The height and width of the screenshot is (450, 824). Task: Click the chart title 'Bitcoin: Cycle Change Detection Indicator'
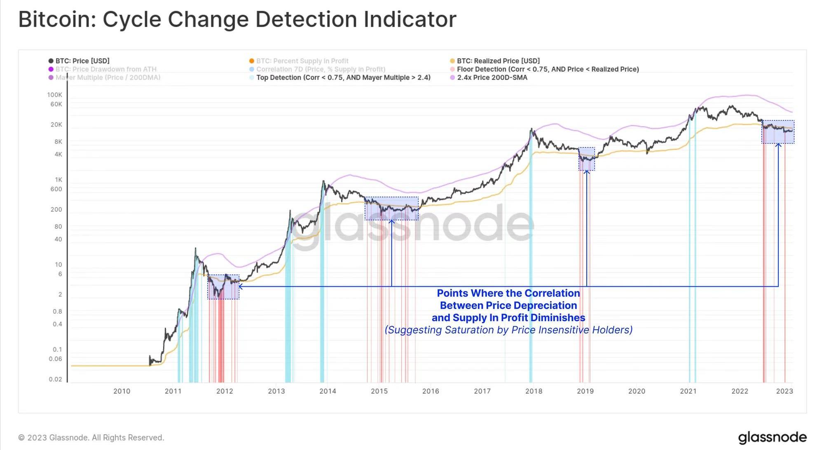pyautogui.click(x=237, y=19)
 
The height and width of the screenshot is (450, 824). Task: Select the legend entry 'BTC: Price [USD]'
pyautogui.click(x=82, y=61)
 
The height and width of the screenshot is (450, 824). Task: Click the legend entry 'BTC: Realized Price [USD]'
pyautogui.click(x=498, y=61)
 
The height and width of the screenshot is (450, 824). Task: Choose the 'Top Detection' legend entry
pyautogui.click(x=343, y=77)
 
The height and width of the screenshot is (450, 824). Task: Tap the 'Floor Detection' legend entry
pyautogui.click(x=548, y=69)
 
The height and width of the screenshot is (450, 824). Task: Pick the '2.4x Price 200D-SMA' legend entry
pyautogui.click(x=492, y=77)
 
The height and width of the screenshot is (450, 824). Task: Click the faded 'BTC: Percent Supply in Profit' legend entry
pyautogui.click(x=302, y=61)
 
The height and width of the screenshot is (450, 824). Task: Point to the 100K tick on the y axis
pyautogui.click(x=55, y=95)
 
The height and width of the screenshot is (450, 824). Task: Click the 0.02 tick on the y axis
pyautogui.click(x=56, y=379)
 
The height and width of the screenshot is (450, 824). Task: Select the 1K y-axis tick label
pyautogui.click(x=59, y=180)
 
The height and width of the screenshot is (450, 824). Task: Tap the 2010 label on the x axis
pyautogui.click(x=122, y=391)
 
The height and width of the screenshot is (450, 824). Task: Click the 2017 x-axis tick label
pyautogui.click(x=482, y=391)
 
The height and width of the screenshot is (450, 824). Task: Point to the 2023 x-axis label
pyautogui.click(x=784, y=391)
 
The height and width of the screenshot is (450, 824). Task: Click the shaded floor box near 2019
pyautogui.click(x=587, y=159)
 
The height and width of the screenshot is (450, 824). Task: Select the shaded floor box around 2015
pyautogui.click(x=391, y=209)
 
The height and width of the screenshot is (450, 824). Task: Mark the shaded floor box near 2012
pyautogui.click(x=223, y=287)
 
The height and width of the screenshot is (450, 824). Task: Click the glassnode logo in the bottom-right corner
pyautogui.click(x=772, y=437)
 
